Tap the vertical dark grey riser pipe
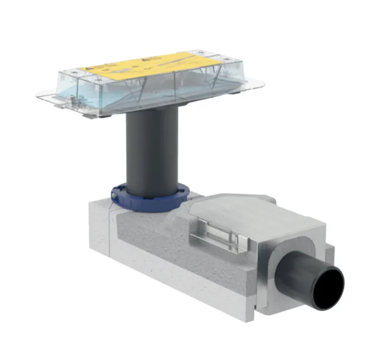[152, 153]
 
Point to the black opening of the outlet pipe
[328, 287]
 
